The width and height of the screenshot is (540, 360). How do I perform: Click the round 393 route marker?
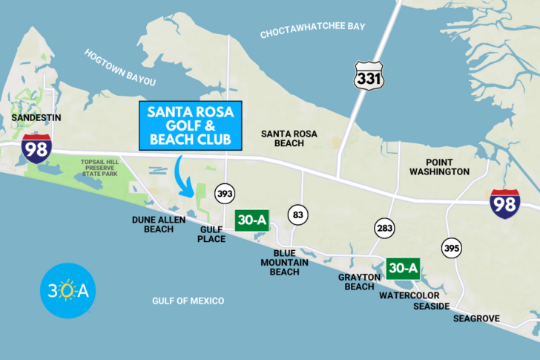(x=225, y=194)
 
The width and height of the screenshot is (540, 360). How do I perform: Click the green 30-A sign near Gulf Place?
(x=252, y=220)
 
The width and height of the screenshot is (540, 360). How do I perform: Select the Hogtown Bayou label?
(x=120, y=67)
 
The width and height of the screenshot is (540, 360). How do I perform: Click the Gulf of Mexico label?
(x=188, y=301)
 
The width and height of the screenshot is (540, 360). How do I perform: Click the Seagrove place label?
(x=477, y=319)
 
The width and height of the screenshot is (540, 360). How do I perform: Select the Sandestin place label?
(x=36, y=118)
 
